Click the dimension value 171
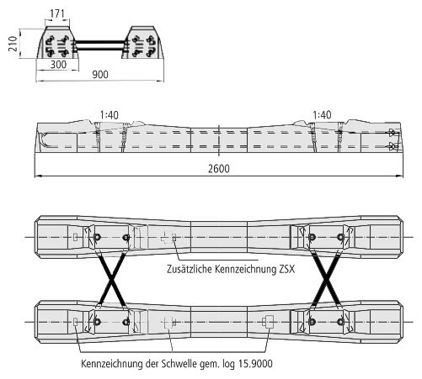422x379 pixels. (57, 13)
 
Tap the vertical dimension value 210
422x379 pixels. (13, 44)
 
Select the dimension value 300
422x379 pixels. (58, 65)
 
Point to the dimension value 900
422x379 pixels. (100, 75)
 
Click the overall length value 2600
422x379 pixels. (219, 169)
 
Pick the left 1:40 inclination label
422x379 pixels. (110, 115)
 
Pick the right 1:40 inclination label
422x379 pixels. (322, 114)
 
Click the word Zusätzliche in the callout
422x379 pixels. (190, 269)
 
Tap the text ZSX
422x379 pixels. (287, 269)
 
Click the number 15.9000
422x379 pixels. (255, 364)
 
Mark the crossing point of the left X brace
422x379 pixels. (112, 279)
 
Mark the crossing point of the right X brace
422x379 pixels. (326, 279)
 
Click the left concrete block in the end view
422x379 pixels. (58, 43)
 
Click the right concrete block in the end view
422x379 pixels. (142, 43)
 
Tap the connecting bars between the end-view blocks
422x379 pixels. (100, 45)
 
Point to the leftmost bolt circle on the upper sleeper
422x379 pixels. (97, 237)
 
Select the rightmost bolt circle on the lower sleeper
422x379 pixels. (341, 322)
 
